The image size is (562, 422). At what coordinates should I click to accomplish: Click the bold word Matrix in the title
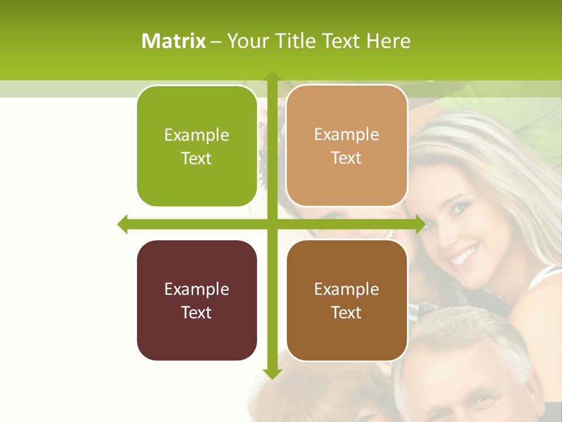click(x=174, y=41)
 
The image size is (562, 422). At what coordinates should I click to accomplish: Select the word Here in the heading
click(x=389, y=41)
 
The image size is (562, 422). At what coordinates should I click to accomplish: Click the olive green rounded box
click(x=197, y=147)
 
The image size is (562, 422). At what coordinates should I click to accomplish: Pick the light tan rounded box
click(x=347, y=147)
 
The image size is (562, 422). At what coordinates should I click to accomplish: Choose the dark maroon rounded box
click(x=197, y=301)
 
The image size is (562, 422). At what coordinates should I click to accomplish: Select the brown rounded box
click(x=347, y=301)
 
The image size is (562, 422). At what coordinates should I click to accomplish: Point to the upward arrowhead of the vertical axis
click(x=272, y=75)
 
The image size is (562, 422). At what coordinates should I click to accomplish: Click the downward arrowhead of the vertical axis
click(x=272, y=374)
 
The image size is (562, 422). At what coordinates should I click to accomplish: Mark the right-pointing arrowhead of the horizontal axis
click(x=420, y=224)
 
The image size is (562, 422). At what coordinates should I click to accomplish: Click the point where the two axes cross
click(x=272, y=224)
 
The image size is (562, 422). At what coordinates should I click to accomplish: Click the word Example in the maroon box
click(x=197, y=289)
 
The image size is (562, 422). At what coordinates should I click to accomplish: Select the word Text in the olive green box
click(x=197, y=159)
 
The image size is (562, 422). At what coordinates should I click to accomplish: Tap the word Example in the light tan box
click(x=347, y=135)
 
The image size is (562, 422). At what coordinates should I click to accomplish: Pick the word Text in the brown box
click(x=347, y=313)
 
